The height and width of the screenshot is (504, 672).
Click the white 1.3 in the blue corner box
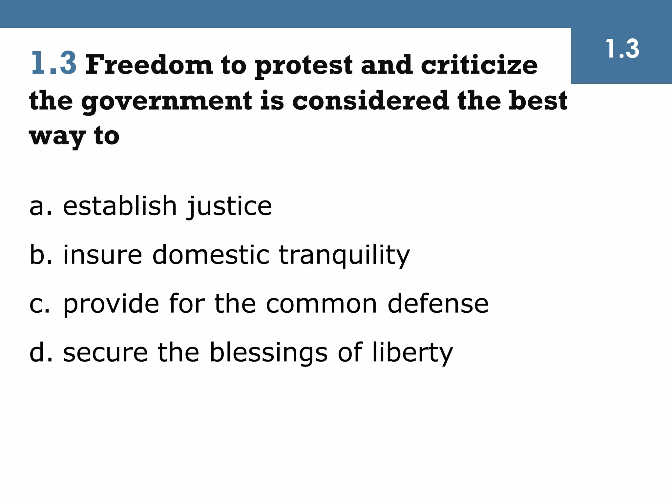pos(622,49)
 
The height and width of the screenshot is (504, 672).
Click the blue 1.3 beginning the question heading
pos(54,63)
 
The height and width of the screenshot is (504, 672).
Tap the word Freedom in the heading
pos(149,65)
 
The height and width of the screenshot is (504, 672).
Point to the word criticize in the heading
pos(479,65)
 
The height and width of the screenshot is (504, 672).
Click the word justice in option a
pos(229,207)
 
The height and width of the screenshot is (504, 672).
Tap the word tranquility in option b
pos(344,255)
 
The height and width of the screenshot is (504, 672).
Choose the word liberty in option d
pos(412,353)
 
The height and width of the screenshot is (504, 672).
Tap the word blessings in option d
pos(268,353)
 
